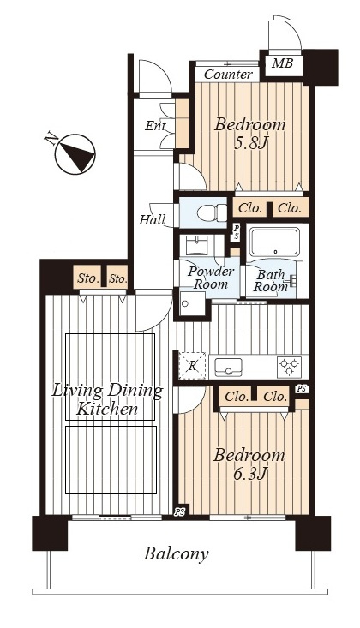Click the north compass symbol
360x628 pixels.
[75, 153]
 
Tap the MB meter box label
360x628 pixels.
[282, 63]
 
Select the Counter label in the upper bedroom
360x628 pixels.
[228, 75]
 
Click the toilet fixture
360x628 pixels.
[212, 212]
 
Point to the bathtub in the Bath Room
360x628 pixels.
[274, 242]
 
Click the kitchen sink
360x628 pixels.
[228, 367]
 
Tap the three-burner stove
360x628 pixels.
[289, 367]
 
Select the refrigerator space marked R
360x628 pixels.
[192, 366]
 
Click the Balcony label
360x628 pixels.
[176, 554]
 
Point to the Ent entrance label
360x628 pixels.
[155, 126]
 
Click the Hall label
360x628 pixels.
[152, 220]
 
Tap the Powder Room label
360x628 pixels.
[211, 278]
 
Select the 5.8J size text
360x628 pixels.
[250, 143]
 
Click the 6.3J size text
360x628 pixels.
[249, 474]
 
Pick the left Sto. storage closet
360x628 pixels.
[88, 277]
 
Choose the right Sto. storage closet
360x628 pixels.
[118, 277]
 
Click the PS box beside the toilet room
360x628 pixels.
[236, 232]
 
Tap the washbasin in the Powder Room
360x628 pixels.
[196, 245]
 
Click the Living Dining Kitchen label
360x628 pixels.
[107, 400]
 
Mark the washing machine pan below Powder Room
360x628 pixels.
[192, 304]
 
